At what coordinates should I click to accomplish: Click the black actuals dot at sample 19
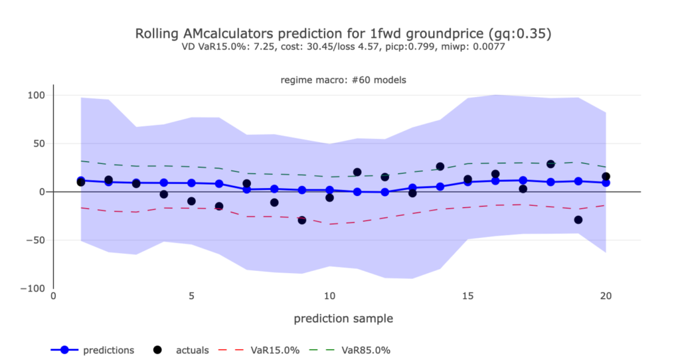(x=578, y=220)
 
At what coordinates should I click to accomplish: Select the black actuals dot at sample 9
(x=302, y=220)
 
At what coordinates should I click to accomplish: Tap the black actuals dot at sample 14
(x=440, y=166)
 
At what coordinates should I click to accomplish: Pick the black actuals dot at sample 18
(x=551, y=164)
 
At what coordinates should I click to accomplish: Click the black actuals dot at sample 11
(x=357, y=172)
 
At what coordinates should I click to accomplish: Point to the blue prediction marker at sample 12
(x=384, y=192)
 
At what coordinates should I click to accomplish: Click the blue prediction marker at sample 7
(x=247, y=189)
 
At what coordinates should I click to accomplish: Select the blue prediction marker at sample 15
(x=467, y=182)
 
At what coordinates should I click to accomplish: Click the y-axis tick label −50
(x=35, y=240)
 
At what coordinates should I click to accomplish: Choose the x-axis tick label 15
(x=467, y=298)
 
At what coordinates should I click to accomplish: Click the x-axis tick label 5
(x=191, y=298)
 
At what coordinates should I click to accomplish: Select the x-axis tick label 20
(x=606, y=298)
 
